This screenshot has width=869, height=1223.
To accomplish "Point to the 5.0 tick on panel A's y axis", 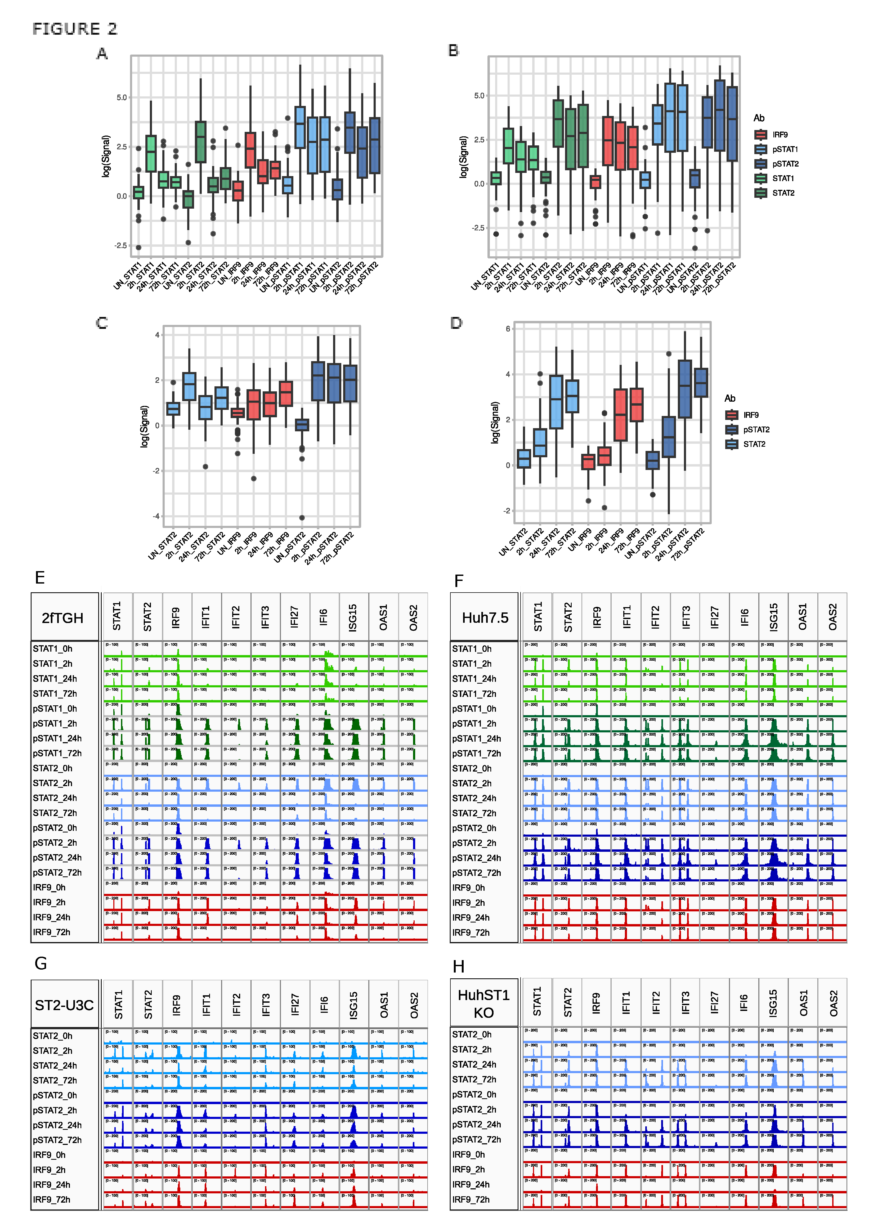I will [x=122, y=97].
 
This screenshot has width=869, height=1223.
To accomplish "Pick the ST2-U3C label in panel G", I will [x=64, y=1005].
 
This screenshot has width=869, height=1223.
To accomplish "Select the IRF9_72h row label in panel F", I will [x=471, y=933].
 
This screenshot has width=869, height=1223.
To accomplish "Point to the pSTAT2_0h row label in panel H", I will [x=474, y=1094].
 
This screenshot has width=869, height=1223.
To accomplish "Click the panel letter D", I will [x=456, y=323].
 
